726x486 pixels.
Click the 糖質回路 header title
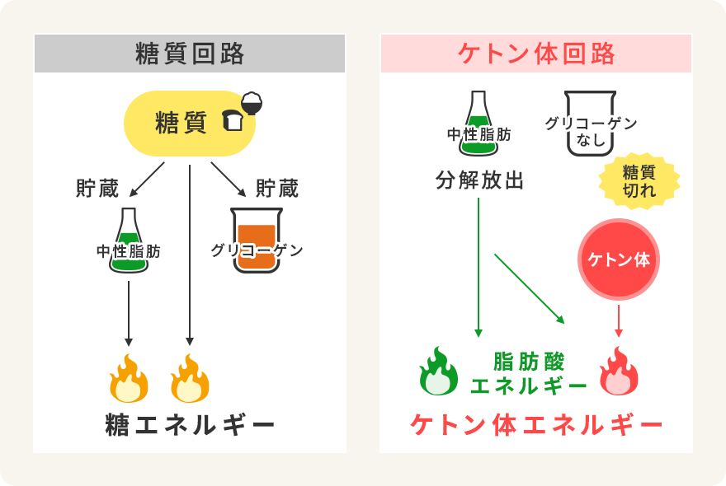[x=190, y=54]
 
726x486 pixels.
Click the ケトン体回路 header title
[x=536, y=54]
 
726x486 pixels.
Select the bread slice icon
[x=233, y=122]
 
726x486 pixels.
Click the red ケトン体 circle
[x=619, y=259]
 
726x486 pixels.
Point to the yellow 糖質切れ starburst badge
[x=639, y=181]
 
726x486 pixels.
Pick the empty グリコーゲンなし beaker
[x=590, y=124]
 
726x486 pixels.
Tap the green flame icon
[x=438, y=372]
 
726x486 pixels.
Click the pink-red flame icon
[x=619, y=372]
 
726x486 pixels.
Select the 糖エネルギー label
[x=190, y=425]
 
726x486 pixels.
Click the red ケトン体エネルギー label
[x=536, y=425]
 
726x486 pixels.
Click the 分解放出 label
[x=479, y=180]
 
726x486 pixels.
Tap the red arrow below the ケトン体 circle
[x=619, y=321]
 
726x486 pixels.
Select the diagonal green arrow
[x=529, y=288]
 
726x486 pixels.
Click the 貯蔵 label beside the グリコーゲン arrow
[x=276, y=189]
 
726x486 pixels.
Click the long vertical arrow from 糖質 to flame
[x=190, y=255]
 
